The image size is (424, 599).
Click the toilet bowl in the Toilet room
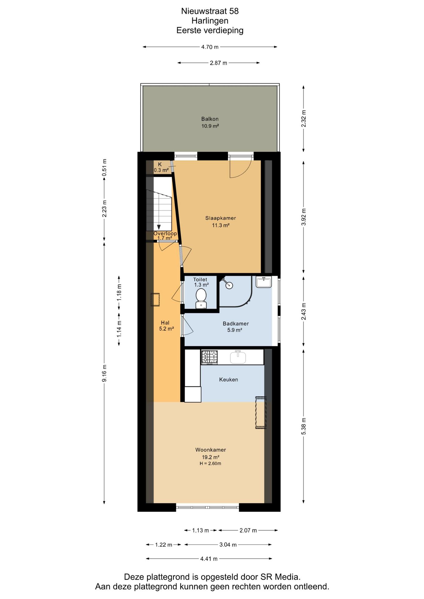[201, 299]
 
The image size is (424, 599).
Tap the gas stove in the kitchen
[209, 357]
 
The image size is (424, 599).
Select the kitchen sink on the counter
[238, 357]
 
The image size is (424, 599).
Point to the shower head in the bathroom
[229, 285]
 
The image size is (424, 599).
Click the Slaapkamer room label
[220, 218]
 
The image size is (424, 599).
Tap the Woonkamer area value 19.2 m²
[210, 457]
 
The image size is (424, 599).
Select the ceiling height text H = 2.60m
[210, 464]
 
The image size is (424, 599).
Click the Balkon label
[210, 119]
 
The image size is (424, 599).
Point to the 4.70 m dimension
[210, 47]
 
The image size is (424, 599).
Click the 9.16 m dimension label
[105, 373]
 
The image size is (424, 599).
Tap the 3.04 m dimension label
[228, 545]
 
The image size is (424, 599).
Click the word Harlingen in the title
[210, 21]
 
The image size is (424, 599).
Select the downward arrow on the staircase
[159, 227]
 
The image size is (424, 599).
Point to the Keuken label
[229, 380]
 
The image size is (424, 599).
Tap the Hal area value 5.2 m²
[166, 329]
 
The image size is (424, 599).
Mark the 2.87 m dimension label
[219, 63]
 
